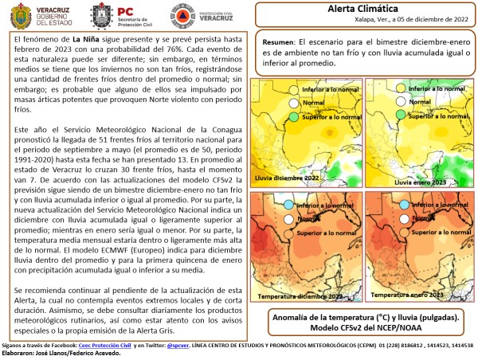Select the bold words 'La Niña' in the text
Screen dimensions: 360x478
89,38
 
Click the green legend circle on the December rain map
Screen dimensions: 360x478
293,117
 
